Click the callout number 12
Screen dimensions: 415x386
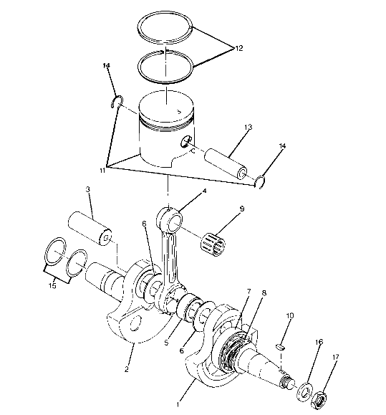pyautogui.click(x=238, y=48)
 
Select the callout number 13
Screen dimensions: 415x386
pyautogui.click(x=247, y=127)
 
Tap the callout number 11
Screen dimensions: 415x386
pyautogui.click(x=103, y=171)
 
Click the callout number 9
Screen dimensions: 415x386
pyautogui.click(x=242, y=209)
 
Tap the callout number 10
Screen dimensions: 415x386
pyautogui.click(x=290, y=315)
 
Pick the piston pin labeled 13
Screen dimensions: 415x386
pyautogui.click(x=226, y=159)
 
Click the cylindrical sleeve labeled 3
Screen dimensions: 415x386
pyautogui.click(x=92, y=227)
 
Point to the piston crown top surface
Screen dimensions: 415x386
pyautogui.click(x=167, y=110)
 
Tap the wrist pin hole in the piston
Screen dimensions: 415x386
pyautogui.click(x=188, y=141)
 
